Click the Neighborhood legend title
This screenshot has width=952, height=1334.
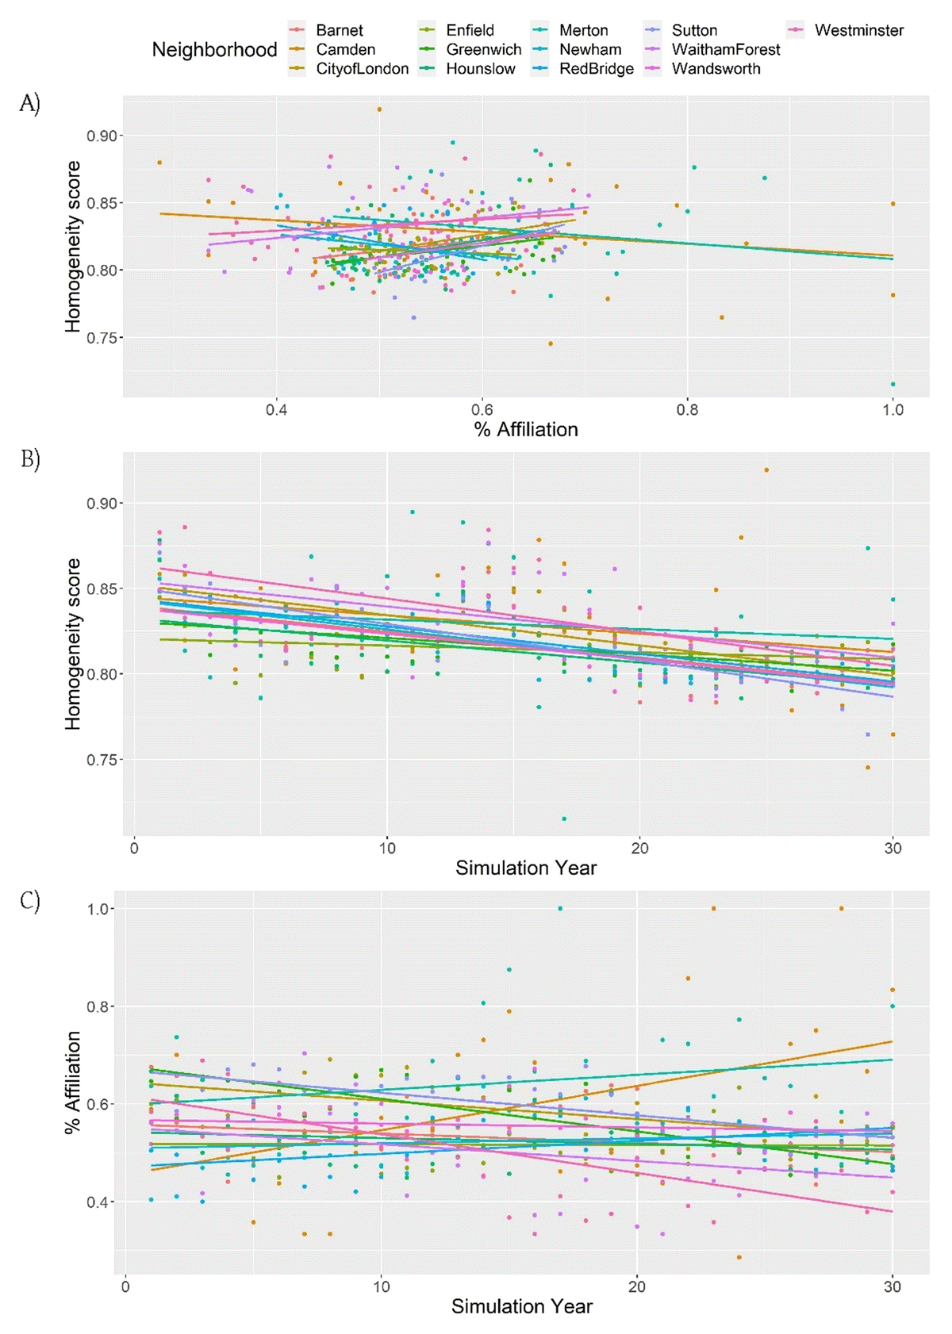214,49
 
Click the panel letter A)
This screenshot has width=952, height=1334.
29,103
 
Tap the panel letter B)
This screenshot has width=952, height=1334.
30,459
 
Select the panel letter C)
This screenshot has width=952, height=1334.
30,901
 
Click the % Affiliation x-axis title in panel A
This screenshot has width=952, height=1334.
526,430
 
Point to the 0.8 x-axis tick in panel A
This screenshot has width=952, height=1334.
687,409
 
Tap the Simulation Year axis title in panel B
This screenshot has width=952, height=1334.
526,868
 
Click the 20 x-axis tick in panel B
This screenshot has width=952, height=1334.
639,848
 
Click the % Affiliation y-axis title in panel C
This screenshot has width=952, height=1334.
73,1082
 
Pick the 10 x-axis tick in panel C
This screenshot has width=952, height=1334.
382,1286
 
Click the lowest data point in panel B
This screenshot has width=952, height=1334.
564,818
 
